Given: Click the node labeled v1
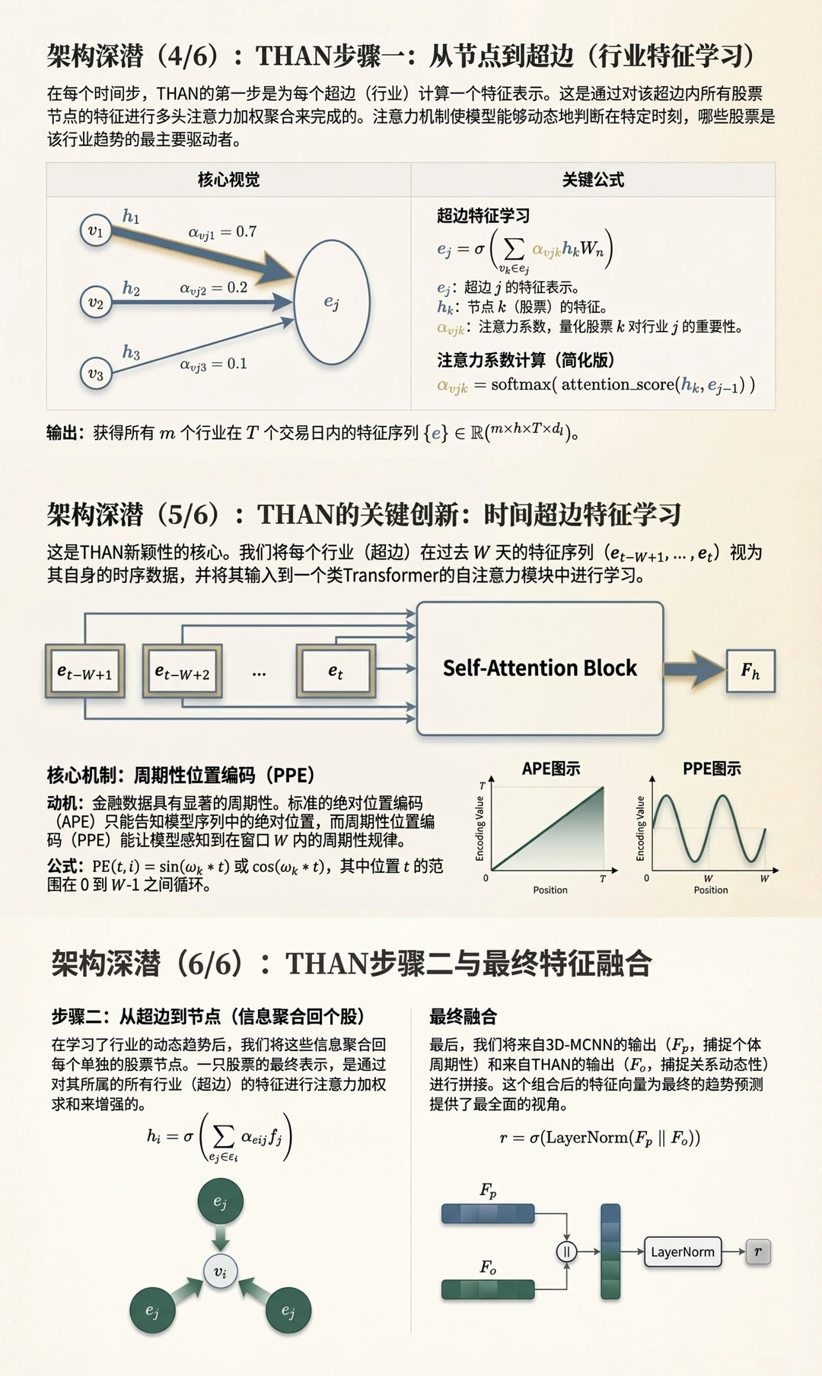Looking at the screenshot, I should [x=95, y=231].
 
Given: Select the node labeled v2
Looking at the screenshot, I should [x=95, y=302].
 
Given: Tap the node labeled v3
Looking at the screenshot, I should [x=95, y=373].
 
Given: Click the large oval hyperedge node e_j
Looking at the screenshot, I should [x=332, y=302].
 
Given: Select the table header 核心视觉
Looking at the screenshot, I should [x=228, y=180].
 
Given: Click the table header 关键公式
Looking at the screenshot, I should [x=593, y=180].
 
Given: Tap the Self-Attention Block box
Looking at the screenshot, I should [x=540, y=668].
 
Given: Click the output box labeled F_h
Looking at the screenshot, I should [x=750, y=670].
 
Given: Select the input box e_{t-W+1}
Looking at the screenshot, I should [x=84, y=672].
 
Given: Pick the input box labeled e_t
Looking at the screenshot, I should [x=336, y=671].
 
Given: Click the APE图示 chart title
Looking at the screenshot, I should [x=550, y=769].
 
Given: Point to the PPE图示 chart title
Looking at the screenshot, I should [x=712, y=769].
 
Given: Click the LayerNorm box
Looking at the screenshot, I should [x=683, y=1251].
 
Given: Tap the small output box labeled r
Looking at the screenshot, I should [x=758, y=1251].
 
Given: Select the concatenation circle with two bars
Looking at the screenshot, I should [x=566, y=1251].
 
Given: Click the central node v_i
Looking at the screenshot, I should [x=221, y=1271].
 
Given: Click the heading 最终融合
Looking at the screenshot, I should [x=463, y=1016].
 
